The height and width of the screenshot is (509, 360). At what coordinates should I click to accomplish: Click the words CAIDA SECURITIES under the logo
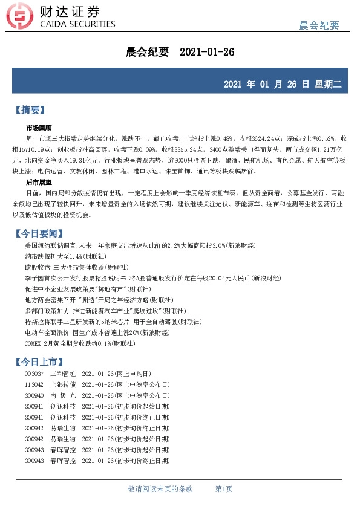coord(76,25)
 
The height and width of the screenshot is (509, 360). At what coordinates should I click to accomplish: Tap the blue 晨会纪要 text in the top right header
coord(319,25)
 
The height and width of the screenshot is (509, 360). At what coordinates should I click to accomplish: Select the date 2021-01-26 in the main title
coord(207,53)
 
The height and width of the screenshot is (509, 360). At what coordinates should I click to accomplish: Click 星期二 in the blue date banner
coord(329,85)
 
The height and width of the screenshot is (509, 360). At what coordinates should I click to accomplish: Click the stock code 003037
coord(34,374)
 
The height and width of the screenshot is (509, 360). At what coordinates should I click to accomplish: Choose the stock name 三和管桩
coord(61,374)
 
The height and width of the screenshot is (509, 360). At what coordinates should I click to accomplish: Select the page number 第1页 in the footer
coord(224,488)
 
